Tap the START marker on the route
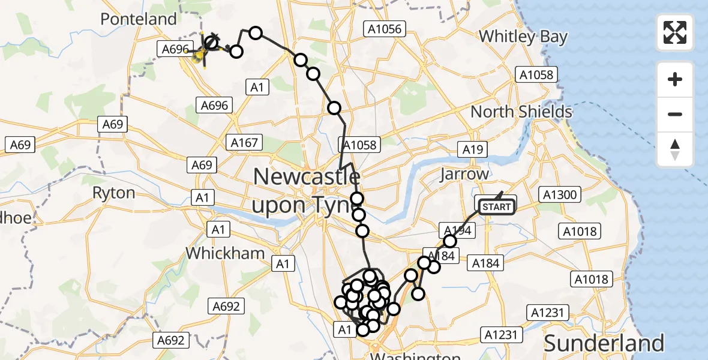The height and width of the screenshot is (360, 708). [496, 208]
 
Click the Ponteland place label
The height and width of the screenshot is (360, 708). [139, 19]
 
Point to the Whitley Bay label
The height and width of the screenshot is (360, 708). [523, 37]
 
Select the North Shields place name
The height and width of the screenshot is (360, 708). [521, 112]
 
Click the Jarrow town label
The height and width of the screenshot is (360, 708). [464, 174]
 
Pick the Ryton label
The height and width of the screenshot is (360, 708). [113, 193]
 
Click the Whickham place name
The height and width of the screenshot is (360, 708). [225, 253]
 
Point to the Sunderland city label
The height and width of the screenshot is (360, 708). [604, 343]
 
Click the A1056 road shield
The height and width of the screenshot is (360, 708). [385, 28]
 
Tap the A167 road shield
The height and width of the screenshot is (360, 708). [244, 143]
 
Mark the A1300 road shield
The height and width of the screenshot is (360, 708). [559, 194]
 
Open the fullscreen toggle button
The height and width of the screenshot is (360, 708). [675, 32]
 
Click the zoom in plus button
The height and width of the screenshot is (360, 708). [675, 79]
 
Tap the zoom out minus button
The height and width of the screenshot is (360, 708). [675, 114]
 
